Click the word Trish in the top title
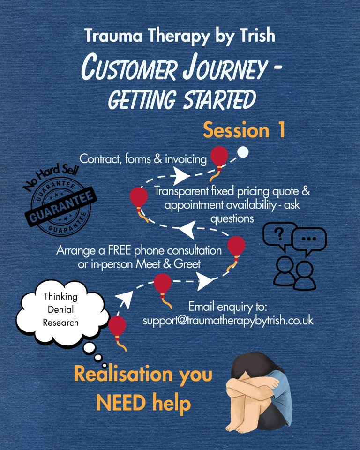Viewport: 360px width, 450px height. [x=257, y=36]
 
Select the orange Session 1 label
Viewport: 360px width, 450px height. [x=244, y=130]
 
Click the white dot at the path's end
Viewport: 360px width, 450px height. [x=243, y=152]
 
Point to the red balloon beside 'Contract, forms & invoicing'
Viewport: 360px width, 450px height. [x=219, y=157]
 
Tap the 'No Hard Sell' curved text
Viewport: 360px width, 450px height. [x=51, y=177]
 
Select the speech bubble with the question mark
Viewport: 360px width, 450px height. [x=279, y=236]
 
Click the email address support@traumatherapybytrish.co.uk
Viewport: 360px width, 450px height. [x=228, y=321]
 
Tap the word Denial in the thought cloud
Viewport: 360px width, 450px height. [x=61, y=309]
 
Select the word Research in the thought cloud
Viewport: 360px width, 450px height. [x=60, y=322]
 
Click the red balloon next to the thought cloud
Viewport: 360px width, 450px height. [x=117, y=326]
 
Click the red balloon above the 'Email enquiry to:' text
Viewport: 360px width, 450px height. [x=163, y=284]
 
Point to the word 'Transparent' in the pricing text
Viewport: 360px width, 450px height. [x=181, y=191]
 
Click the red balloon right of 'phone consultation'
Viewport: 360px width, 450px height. [x=236, y=247]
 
